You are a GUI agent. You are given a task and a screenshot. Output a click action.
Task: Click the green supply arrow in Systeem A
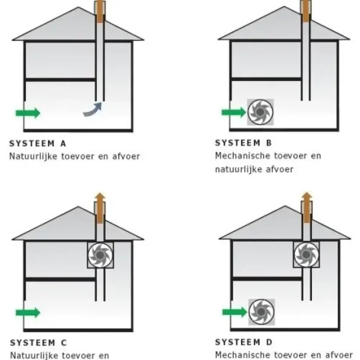tap(27, 113)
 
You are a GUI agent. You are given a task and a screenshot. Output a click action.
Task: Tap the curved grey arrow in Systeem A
tap(93, 109)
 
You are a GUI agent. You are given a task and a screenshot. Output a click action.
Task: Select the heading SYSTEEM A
tap(38, 143)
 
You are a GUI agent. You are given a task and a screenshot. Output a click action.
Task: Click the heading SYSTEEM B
tap(243, 143)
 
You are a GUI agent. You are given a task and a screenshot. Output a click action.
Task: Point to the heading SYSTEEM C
tap(38, 343)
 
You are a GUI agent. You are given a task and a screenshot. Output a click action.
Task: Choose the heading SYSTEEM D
tap(244, 342)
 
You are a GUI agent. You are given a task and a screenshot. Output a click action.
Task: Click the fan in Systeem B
tap(260, 112)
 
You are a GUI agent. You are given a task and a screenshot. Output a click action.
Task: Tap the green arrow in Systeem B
tap(233, 112)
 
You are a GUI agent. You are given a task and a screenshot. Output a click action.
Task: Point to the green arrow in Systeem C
tap(27, 313)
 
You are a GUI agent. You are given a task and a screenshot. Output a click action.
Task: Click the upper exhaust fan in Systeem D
tap(306, 254)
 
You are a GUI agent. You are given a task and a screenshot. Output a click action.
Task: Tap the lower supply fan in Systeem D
tap(262, 312)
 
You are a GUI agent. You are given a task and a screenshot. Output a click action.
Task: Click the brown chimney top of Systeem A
tap(100, 11)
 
